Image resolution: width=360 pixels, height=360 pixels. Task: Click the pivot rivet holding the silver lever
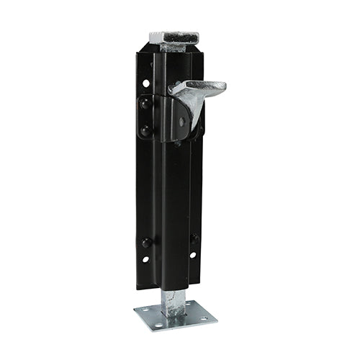(182, 122)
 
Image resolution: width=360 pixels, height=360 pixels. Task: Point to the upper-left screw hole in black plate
(146, 84)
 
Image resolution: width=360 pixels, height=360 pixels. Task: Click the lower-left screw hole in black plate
(145, 259)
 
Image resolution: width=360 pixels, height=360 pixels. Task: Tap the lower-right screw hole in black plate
(192, 255)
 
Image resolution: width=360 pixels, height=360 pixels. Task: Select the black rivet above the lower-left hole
(146, 243)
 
